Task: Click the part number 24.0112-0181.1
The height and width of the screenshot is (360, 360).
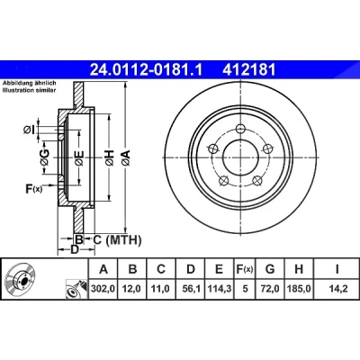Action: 147,70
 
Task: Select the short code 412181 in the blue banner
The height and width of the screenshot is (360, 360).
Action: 248,70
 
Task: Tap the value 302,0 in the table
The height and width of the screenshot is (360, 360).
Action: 103,289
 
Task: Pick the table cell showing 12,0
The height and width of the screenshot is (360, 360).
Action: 132,289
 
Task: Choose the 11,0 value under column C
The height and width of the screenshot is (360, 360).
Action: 161,289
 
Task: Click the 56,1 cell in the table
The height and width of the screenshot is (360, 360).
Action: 190,289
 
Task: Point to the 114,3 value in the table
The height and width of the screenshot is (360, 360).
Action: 220,289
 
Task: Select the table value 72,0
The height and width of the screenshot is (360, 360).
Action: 270,289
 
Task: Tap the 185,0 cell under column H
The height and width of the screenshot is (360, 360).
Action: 299,289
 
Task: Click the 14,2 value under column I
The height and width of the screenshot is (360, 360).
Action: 337,289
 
